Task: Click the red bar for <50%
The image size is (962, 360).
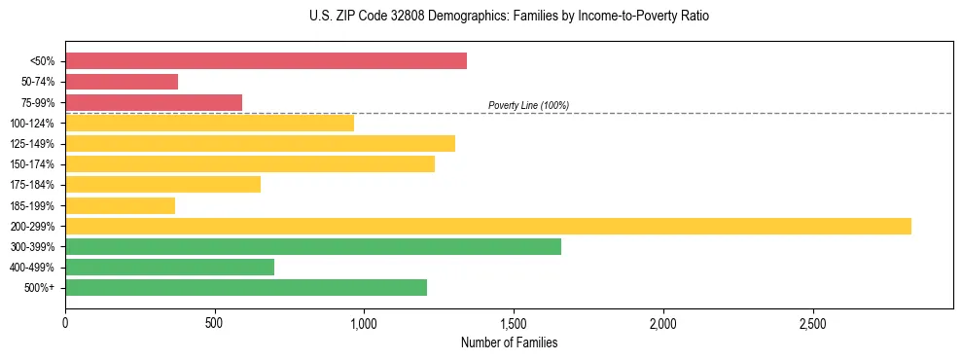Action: pyautogui.click(x=266, y=61)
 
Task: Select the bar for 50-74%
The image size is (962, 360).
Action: pyautogui.click(x=122, y=82)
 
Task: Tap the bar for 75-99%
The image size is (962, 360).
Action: pyautogui.click(x=154, y=102)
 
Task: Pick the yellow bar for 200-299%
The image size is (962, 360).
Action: pyautogui.click(x=488, y=226)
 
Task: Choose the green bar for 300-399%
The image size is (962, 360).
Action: pyautogui.click(x=313, y=246)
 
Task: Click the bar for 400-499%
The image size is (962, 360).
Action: pyautogui.click(x=169, y=267)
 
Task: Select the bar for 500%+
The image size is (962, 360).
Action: pyautogui.click(x=246, y=287)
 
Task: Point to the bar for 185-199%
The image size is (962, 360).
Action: pyautogui.click(x=120, y=205)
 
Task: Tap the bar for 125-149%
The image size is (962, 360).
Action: pyautogui.click(x=260, y=143)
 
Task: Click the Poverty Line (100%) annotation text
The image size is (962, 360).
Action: pyautogui.click(x=528, y=105)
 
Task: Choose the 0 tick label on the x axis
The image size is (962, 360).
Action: pyautogui.click(x=65, y=323)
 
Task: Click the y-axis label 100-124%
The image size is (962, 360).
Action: pyautogui.click(x=32, y=124)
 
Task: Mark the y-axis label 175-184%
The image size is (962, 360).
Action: pyautogui.click(x=32, y=185)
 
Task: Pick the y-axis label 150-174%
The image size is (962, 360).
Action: pyautogui.click(x=32, y=164)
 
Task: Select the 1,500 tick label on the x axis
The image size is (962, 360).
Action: pyautogui.click(x=514, y=323)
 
